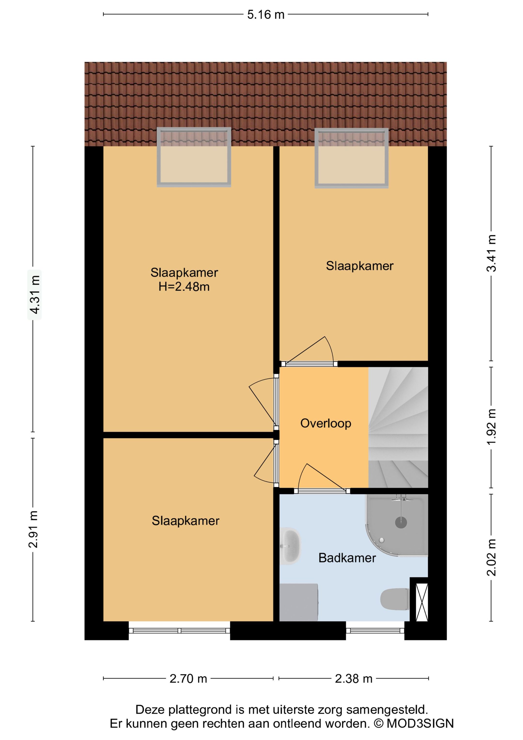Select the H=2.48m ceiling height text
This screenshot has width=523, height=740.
click(184, 287)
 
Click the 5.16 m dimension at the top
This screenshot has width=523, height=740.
click(266, 15)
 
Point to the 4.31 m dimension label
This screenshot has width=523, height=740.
click(34, 295)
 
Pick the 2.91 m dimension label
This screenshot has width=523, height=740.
click(33, 529)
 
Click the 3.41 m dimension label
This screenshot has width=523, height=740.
click(492, 253)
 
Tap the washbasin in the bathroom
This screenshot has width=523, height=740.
click(290, 546)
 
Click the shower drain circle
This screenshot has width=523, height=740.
click(401, 522)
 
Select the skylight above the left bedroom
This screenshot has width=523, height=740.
click(194, 157)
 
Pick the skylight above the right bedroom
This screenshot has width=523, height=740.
click(352, 158)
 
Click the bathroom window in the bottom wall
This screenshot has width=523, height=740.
click(375, 631)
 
